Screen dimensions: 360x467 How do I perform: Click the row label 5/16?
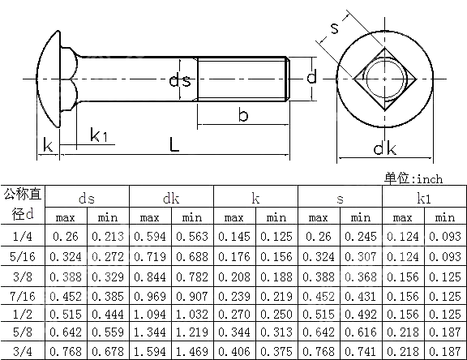coord(24,256)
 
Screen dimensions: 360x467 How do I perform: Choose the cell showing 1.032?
coord(192,315)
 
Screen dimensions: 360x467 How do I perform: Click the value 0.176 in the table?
coord(233,256)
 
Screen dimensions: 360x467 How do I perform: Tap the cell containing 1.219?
coord(192,334)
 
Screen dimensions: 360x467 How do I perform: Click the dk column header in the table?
coord(171,197)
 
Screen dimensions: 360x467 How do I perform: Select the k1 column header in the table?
coord(423,197)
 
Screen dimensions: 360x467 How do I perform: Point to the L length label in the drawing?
coord(175,144)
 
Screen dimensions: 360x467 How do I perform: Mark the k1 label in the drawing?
coord(100,135)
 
